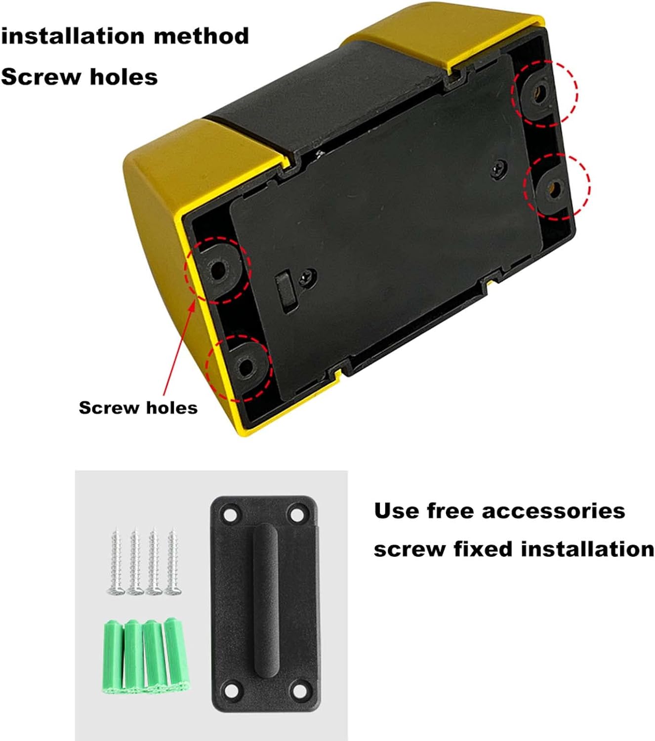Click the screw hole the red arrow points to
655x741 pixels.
pos(218,271)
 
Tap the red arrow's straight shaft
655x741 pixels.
pos(179,350)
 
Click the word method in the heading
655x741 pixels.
pos(201,36)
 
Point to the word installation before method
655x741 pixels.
pos(73,36)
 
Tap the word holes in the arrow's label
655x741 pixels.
pos(172,408)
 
